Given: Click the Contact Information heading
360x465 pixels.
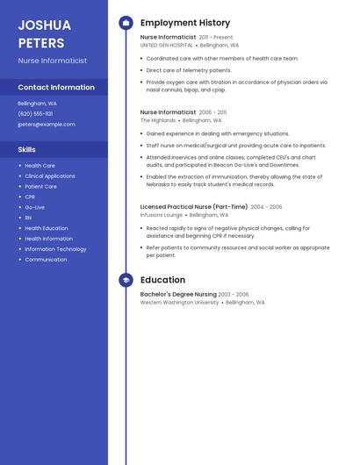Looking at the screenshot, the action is (56, 88).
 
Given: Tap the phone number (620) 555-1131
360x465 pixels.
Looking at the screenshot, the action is (35, 114).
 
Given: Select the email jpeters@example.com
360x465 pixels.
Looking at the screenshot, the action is (47, 125).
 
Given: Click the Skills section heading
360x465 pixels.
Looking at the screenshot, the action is (27, 150).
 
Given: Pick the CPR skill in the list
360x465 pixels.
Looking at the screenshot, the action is (30, 197).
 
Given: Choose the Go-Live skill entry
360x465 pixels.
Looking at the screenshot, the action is (34, 207).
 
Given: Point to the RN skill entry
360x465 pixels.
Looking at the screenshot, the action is (28, 218).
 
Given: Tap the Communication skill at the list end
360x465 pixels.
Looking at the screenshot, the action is (46, 260).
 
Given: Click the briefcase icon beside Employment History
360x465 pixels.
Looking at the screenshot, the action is (126, 23).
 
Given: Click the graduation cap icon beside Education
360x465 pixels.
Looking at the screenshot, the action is (126, 280).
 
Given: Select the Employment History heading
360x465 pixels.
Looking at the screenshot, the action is (185, 23).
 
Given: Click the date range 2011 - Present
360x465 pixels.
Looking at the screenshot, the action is (216, 38).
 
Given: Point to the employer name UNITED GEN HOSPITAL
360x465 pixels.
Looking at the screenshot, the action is (167, 45).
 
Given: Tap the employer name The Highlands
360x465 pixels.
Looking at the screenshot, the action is (158, 120).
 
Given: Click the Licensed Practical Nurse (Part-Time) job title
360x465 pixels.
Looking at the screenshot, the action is (193, 207).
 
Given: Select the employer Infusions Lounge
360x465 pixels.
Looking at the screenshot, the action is (162, 215).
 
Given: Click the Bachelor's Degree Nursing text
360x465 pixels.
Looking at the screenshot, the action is (178, 295).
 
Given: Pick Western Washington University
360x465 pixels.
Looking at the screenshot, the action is (180, 303).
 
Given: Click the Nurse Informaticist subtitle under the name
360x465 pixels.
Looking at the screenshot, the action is (53, 61).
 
